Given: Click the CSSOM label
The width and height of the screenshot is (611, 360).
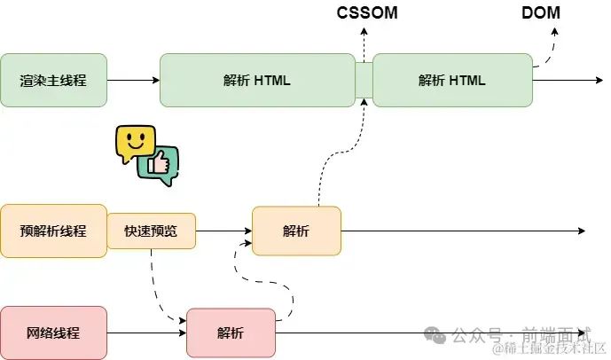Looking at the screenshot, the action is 367,12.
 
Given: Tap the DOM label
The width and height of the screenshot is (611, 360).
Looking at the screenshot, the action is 541,12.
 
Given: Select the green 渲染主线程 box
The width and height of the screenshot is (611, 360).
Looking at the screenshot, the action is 53,81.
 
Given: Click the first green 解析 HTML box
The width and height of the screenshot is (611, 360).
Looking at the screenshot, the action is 257,81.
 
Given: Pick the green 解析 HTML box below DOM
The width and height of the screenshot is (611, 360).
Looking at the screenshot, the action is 452,81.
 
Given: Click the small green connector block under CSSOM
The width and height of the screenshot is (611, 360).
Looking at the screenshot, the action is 364,81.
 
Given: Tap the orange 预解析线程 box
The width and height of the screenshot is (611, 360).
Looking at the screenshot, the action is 53,231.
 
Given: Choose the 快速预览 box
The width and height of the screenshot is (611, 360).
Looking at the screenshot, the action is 151,231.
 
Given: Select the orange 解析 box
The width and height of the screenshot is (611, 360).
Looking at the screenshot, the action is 296,231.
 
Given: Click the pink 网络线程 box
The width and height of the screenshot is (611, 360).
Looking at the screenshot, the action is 53,333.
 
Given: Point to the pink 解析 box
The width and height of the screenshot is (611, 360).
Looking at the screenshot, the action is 231,333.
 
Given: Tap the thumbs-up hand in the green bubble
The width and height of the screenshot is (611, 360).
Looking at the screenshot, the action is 158,163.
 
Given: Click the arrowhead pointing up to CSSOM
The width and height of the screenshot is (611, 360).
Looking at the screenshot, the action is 364,32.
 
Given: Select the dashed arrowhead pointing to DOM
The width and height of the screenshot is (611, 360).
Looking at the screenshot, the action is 554,32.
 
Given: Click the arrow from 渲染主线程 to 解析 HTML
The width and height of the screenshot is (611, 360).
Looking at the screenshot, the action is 133,81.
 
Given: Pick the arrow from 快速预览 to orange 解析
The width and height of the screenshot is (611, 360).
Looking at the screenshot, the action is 223,231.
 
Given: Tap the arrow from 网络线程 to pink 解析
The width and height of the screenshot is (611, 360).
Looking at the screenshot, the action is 147,333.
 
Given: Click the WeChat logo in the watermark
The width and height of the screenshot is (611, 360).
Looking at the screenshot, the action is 435,335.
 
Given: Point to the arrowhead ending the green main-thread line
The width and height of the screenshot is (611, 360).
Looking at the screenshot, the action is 599,81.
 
